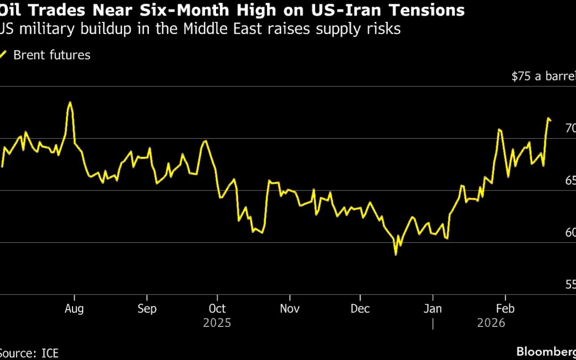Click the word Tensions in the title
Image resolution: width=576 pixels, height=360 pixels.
(x=421, y=10)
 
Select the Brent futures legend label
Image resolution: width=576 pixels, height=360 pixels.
(x=52, y=55)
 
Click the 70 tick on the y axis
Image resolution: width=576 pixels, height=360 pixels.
(x=570, y=129)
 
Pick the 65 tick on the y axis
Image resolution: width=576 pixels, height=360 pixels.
(x=570, y=181)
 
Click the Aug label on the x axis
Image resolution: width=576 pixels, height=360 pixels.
(x=74, y=309)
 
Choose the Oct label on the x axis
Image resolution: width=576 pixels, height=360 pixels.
(x=217, y=309)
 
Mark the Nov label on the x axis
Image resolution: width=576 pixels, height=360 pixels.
(x=290, y=309)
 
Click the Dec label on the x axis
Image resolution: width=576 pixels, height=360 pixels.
(x=361, y=309)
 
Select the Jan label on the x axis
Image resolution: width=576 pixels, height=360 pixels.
(x=433, y=309)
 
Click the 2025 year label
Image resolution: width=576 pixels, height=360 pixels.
(x=217, y=323)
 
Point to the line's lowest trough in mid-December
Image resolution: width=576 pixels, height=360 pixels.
(x=395, y=254)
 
